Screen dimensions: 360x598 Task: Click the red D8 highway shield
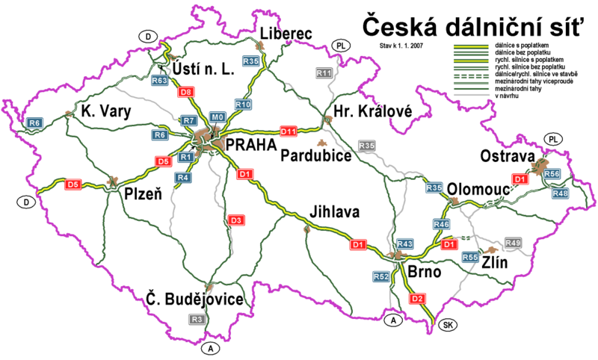(187, 92)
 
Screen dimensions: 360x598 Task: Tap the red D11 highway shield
(289, 131)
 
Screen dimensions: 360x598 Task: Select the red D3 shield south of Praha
(235, 221)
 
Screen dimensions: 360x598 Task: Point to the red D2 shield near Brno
(418, 300)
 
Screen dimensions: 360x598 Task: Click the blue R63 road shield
(160, 79)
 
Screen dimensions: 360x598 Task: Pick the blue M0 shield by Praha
(217, 117)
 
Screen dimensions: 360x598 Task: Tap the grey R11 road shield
(324, 73)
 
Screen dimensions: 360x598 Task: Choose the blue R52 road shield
(380, 277)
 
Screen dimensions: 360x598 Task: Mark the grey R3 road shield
(197, 320)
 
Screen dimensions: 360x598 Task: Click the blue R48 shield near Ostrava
(561, 193)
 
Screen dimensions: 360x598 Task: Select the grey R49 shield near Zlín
(513, 243)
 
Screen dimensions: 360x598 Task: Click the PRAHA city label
(246, 145)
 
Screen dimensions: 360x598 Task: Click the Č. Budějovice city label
(195, 300)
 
